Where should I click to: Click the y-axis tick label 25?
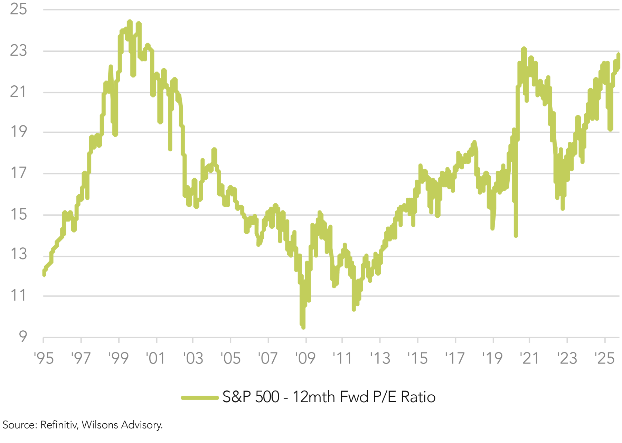18,9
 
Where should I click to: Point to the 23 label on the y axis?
18,51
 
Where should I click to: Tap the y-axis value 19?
18,132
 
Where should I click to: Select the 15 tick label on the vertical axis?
18,215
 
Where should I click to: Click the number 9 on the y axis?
23,336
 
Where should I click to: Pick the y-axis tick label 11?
18,295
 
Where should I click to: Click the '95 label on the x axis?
44,358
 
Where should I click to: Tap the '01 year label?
156,358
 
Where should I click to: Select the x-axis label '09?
305,358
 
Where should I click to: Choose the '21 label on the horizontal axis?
529,358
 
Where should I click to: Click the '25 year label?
605,358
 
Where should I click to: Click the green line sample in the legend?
200,398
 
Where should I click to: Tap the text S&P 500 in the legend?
251,397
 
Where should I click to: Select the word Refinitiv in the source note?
59,425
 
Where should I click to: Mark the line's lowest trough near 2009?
303,327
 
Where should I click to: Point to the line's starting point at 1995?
44,274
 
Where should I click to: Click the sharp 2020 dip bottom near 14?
516,236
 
